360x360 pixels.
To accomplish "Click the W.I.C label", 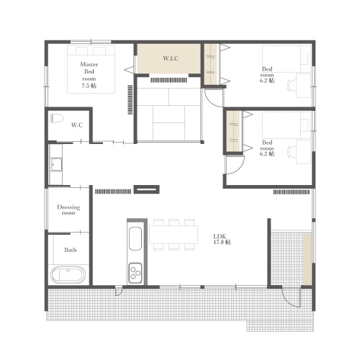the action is [171, 58].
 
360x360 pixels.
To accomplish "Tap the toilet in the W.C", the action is [57, 118].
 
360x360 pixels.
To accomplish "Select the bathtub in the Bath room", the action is [68, 275].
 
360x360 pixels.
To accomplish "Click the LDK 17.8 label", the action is [222, 240].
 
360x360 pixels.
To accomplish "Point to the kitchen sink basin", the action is [135, 238].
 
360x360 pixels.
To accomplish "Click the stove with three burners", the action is [135, 273].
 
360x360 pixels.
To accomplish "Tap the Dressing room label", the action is [68, 210].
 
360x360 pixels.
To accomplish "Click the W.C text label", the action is [77, 125].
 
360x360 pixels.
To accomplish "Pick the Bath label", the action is [71, 250].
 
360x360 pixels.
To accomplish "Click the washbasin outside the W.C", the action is [56, 165].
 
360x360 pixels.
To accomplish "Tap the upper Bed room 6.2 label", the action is [267, 75].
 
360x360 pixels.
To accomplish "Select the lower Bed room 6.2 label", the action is [267, 148].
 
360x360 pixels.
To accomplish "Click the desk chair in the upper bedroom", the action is [292, 86].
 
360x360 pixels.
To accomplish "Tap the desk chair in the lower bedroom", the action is [292, 152].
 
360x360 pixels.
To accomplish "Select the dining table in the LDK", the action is [174, 235].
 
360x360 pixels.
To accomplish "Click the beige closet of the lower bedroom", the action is [234, 131].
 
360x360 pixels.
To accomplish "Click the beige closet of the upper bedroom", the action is [211, 64].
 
